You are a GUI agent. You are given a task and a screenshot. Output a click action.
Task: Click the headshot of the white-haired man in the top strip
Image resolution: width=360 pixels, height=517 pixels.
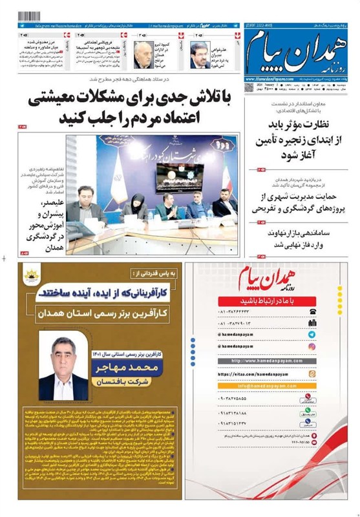point(143,54)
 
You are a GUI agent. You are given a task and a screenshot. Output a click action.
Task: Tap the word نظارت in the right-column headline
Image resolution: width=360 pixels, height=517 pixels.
point(328,127)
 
